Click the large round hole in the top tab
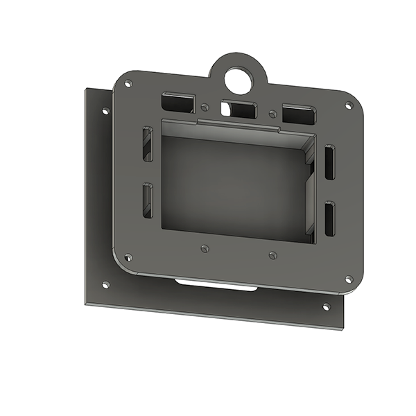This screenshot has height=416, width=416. (239, 76)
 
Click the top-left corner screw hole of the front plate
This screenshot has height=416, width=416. (128, 84)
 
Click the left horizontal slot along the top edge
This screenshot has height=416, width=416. (178, 103)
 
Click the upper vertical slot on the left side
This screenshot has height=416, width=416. (148, 144)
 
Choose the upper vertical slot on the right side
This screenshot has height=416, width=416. (329, 163)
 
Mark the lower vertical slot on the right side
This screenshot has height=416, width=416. (329, 218)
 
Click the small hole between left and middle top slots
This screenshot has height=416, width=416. (205, 107)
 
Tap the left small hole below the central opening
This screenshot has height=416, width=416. (204, 248)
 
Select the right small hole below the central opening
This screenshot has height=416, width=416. (272, 254)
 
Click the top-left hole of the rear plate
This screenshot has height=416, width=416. (105, 111)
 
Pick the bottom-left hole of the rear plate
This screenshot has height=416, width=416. (105, 284)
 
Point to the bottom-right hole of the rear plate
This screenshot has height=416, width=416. (326, 306)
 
